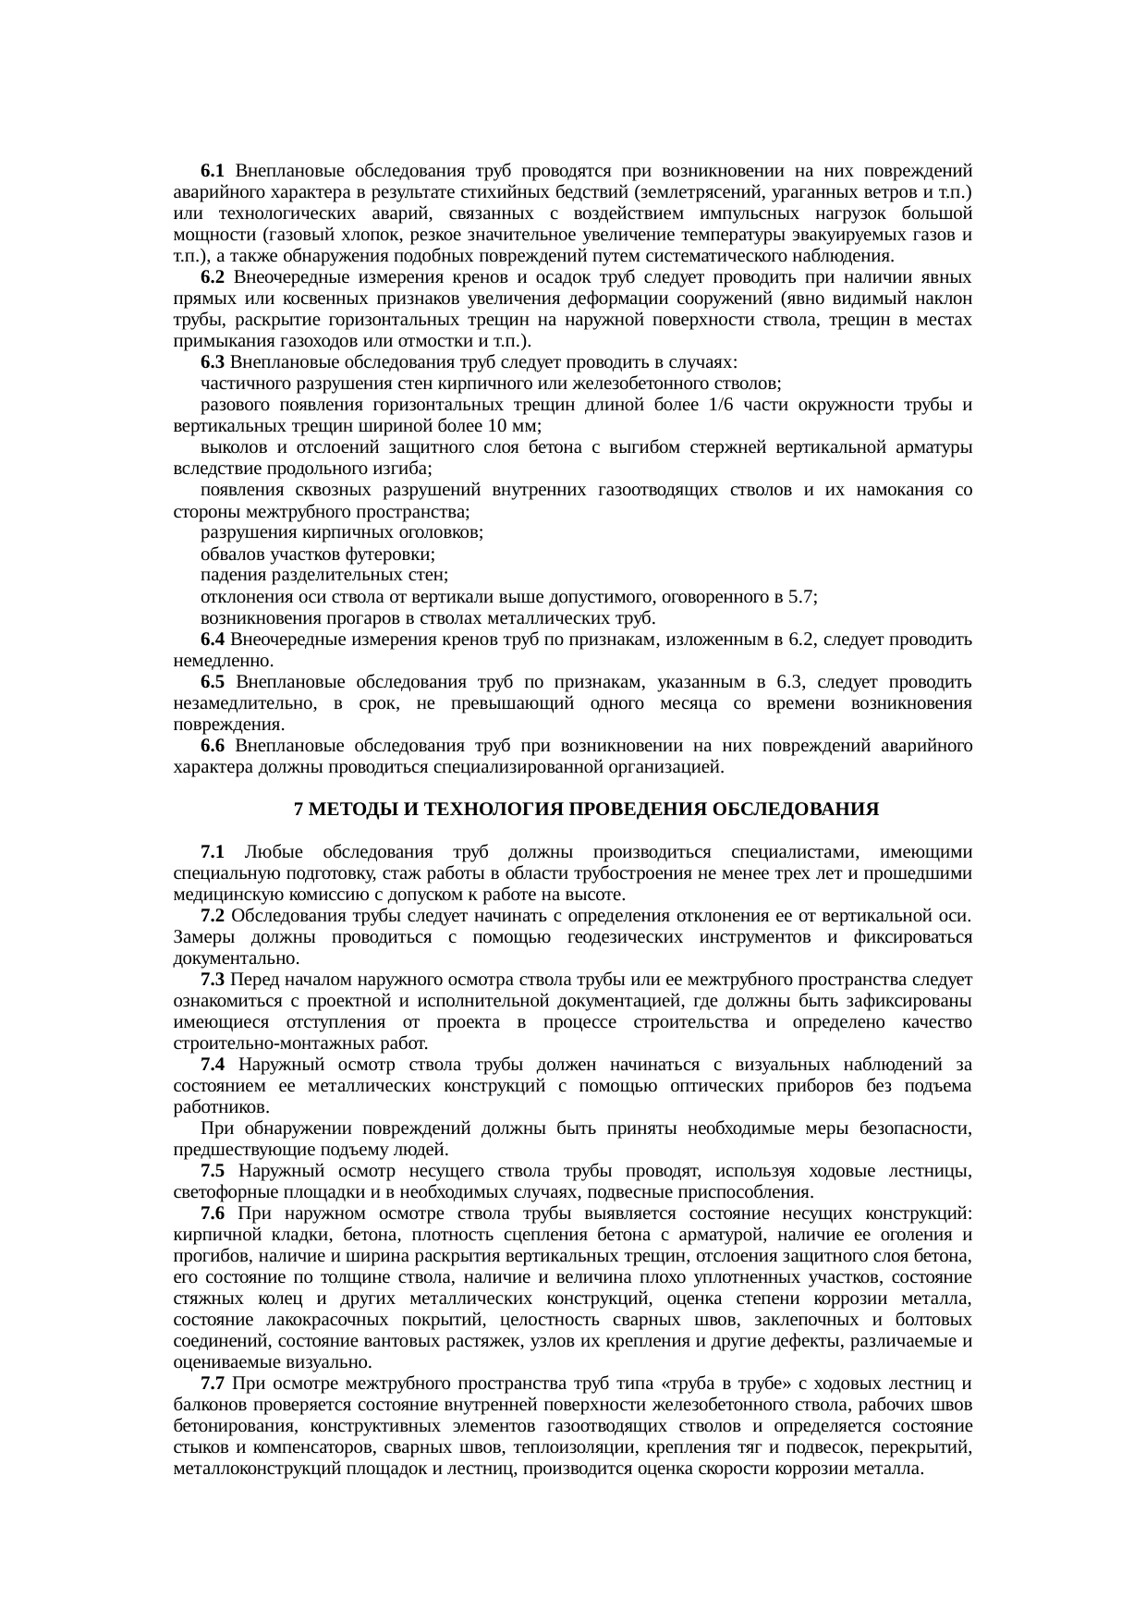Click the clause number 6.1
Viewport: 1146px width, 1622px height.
coord(213,171)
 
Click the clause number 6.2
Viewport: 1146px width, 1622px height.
coord(213,277)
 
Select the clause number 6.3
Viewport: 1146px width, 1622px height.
coord(213,362)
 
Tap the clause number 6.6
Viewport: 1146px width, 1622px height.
coord(213,746)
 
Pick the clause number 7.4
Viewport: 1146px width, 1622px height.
coord(213,1066)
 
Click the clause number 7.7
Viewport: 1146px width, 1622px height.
coord(213,1384)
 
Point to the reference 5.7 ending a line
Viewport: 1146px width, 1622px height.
coord(800,597)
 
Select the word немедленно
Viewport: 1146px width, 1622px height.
coord(222,661)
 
